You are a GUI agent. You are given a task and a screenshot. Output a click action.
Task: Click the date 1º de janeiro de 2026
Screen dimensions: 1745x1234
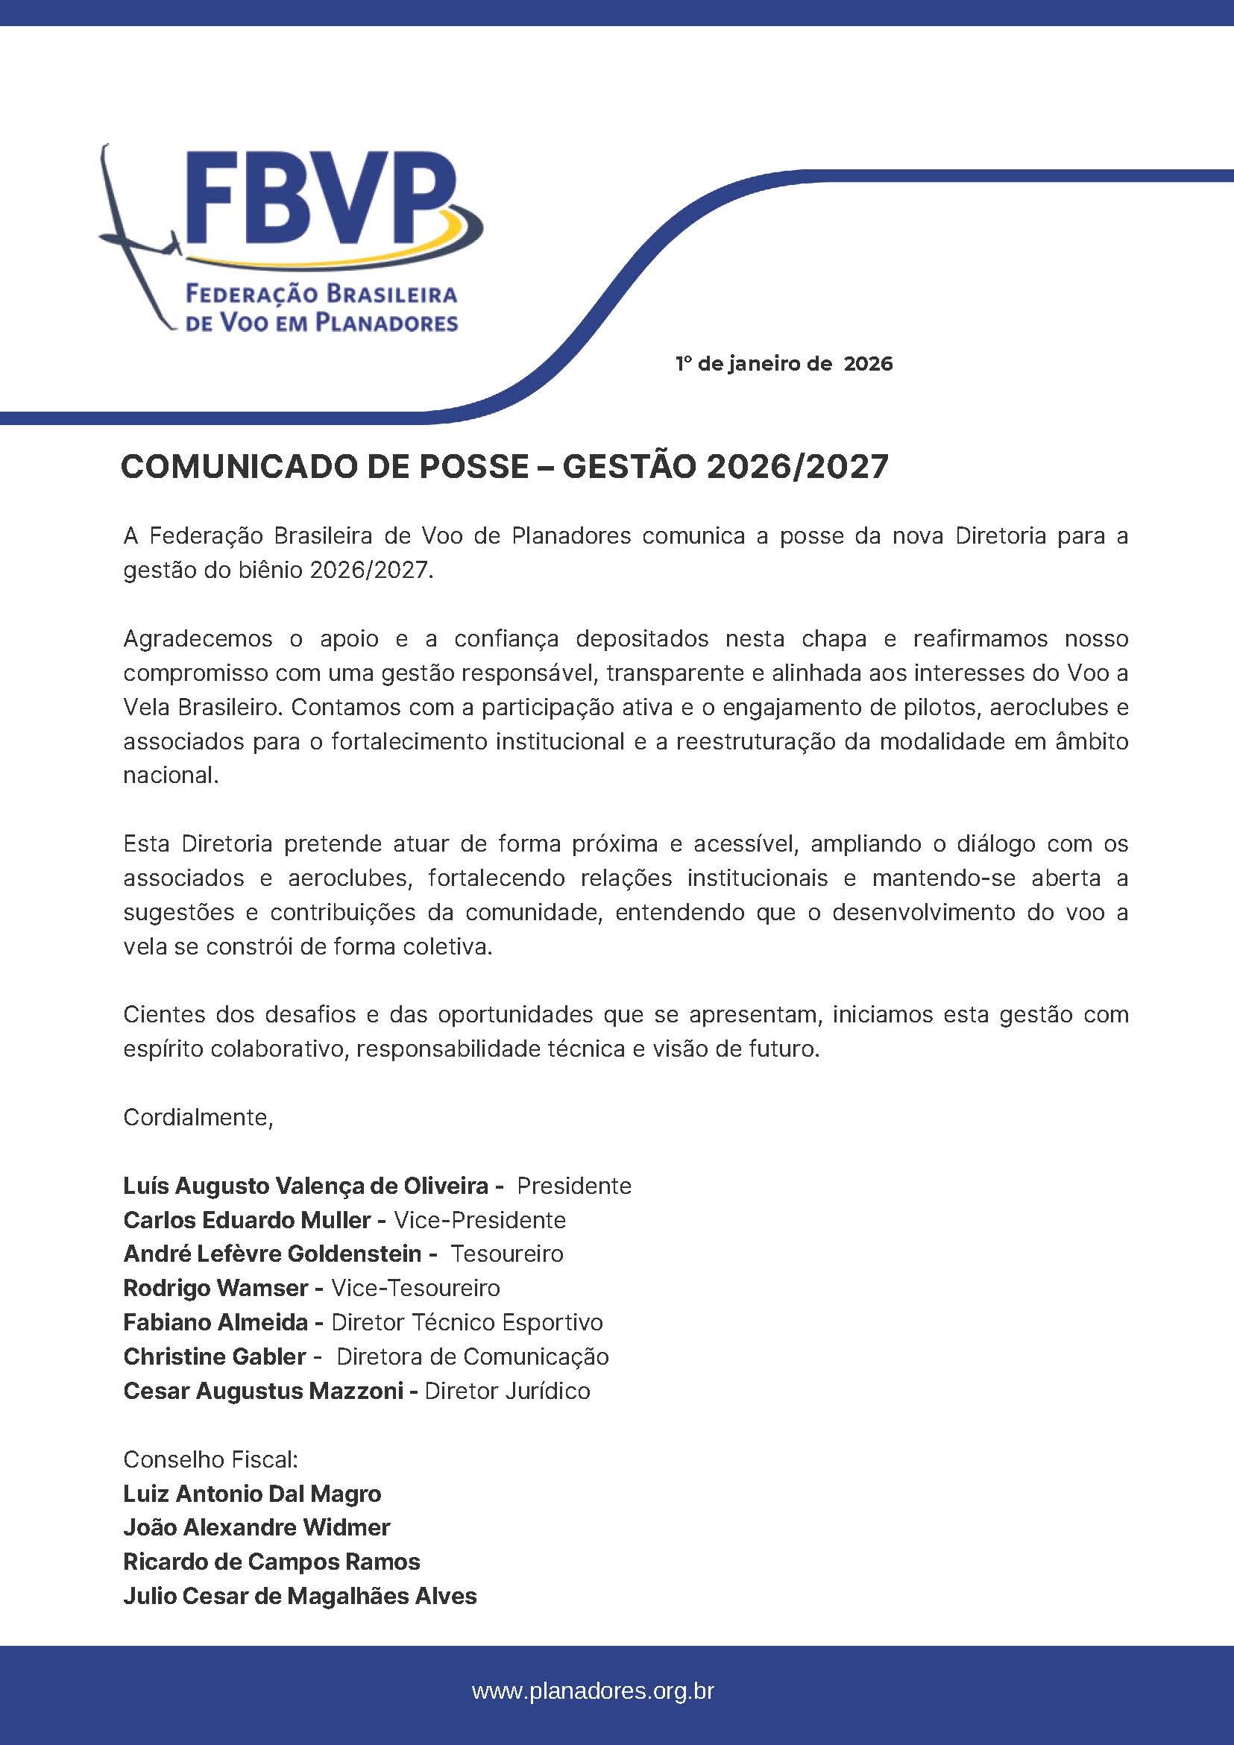pos(784,364)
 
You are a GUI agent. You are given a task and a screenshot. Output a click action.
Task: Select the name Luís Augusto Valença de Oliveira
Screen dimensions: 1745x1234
pos(306,1186)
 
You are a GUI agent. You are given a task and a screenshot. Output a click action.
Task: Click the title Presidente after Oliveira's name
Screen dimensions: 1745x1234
pos(573,1186)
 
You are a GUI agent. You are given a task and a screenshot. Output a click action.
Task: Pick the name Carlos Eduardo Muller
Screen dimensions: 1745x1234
pos(248,1221)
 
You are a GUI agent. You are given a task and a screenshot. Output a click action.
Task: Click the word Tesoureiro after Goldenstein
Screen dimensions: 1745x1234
pos(507,1254)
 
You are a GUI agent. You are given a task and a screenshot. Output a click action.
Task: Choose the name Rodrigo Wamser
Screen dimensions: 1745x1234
pos(215,1288)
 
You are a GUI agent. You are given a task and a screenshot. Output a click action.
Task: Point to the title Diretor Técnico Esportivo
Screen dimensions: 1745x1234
pos(468,1322)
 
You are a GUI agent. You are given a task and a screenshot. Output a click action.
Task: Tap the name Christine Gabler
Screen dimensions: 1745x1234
pos(214,1356)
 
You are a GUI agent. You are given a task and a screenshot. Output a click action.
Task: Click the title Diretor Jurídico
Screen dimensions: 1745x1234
pos(507,1391)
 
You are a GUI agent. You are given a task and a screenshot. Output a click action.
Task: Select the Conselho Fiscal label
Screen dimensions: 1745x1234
pos(210,1460)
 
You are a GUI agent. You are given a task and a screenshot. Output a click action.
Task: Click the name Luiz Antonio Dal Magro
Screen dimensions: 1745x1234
pos(252,1494)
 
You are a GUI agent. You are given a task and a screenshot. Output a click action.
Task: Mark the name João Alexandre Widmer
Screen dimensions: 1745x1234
pos(256,1528)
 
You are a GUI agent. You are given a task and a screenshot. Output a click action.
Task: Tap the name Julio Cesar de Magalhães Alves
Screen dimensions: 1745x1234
pos(300,1596)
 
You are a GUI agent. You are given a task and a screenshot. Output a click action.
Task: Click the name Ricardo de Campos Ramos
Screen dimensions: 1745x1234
pos(271,1562)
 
